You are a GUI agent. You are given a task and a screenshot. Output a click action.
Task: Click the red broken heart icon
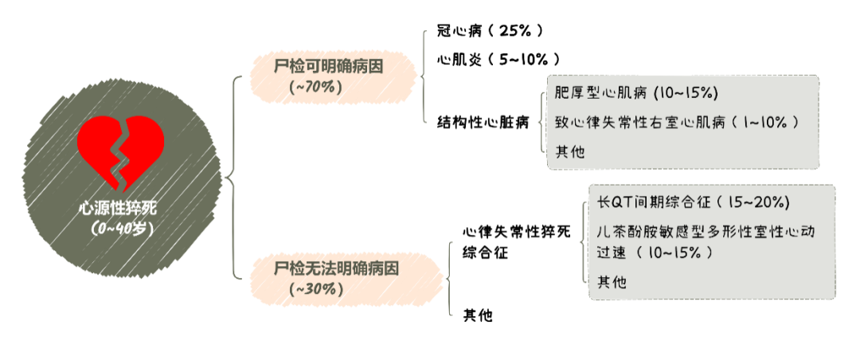[x=120, y=154]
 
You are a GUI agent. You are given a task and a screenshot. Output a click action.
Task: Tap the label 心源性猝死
[x=118, y=209]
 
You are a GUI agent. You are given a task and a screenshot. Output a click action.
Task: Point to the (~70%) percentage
[x=317, y=87]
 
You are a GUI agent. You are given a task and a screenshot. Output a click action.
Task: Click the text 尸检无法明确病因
[x=337, y=269]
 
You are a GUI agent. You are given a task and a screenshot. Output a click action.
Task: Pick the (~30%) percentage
[x=319, y=288]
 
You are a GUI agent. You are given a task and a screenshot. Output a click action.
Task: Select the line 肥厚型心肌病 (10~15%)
[x=636, y=93]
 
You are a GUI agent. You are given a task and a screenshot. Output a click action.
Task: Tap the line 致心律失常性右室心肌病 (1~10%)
[x=676, y=122]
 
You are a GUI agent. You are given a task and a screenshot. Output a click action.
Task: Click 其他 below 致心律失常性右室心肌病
[x=569, y=151]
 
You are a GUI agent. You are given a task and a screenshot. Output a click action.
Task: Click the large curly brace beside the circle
[x=233, y=178]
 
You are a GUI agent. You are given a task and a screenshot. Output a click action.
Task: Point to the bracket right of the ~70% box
[x=424, y=76]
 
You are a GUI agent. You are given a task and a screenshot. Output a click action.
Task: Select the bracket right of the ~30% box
[x=451, y=279]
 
